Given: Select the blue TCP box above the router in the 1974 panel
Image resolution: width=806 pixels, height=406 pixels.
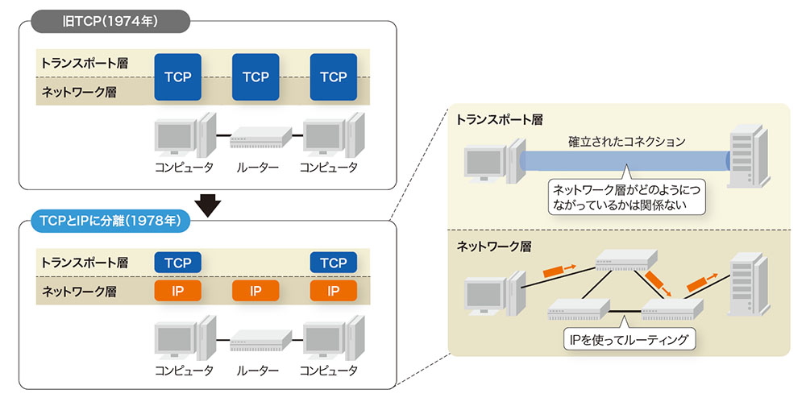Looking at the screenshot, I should pyautogui.click(x=256, y=77).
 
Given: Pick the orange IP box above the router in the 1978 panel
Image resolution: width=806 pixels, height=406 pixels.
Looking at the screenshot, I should pyautogui.click(x=256, y=291).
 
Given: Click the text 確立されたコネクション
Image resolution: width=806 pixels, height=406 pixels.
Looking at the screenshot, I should pyautogui.click(x=615, y=141).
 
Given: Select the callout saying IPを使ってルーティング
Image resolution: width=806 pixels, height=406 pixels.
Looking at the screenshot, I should pyautogui.click(x=628, y=340).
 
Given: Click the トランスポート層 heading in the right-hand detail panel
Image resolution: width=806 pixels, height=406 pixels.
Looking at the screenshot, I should pyautogui.click(x=500, y=119).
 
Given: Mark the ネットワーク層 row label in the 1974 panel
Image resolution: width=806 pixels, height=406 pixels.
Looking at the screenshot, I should pyautogui.click(x=79, y=92).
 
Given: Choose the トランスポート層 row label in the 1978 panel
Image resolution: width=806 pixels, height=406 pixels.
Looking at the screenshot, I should pyautogui.click(x=85, y=263).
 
